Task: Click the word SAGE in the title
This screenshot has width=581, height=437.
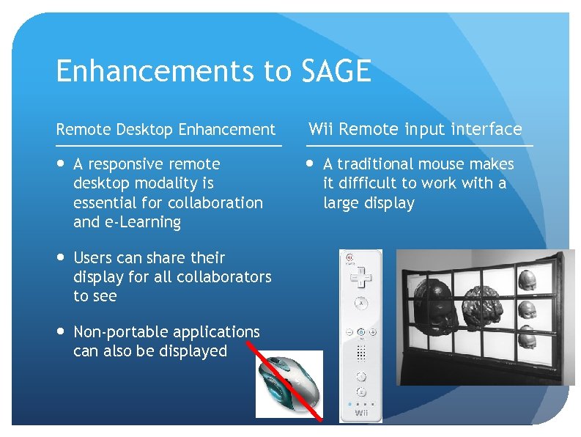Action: [x=335, y=71]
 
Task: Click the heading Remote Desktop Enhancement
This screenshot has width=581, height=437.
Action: [x=166, y=130]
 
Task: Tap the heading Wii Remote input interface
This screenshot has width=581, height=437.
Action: [x=415, y=130]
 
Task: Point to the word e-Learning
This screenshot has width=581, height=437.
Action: [x=144, y=222]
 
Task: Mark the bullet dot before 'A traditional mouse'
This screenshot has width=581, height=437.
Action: [x=311, y=164]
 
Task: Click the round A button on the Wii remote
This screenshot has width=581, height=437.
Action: [x=360, y=302]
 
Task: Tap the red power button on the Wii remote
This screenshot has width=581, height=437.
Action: [x=350, y=258]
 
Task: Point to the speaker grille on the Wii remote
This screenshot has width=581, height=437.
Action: [x=360, y=353]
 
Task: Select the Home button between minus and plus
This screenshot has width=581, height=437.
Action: [x=360, y=331]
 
